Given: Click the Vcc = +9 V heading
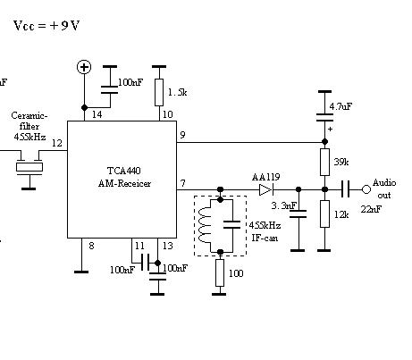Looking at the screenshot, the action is coord(46,26).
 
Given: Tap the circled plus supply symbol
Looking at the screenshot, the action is coord(84,67).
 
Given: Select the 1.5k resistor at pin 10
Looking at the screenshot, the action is coord(159,92).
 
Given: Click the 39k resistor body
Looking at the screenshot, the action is coord(324,162).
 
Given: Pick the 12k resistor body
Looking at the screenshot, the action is coord(324,213).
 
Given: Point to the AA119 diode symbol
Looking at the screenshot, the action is coord(266,189).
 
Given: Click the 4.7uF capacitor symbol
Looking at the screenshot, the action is coord(324,117).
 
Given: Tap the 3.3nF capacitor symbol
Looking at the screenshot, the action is coord(298,213).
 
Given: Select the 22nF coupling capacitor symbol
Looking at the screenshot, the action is coord(345,189).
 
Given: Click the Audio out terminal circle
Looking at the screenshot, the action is coord(366,189).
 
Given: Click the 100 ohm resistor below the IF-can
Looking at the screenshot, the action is coord(220,272).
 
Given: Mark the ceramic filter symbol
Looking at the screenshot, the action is coord(29,167).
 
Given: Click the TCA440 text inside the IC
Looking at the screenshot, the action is coord(124,171).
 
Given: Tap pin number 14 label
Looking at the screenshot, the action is coord(97,114).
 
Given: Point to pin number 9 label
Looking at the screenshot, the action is coord(182,135).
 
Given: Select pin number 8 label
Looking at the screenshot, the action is coord(91,246).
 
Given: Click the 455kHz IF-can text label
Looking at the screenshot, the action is coord(265,231).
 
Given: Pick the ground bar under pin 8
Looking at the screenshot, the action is coord(81,272).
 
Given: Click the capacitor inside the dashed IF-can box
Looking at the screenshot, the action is coord(231,225).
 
